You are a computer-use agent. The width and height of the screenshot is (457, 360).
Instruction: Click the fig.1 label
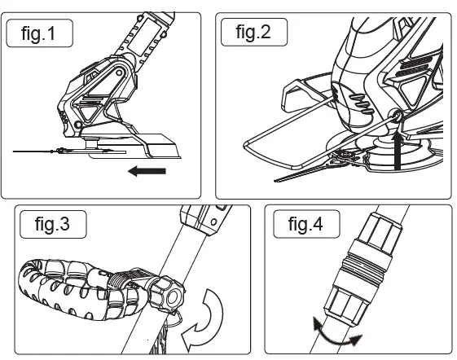pyautogui.click(x=39, y=35)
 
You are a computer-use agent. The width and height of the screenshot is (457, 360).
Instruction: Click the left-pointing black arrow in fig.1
pyautogui.click(x=148, y=171)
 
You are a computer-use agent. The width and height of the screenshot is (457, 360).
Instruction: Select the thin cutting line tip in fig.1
pyautogui.click(x=33, y=151)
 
